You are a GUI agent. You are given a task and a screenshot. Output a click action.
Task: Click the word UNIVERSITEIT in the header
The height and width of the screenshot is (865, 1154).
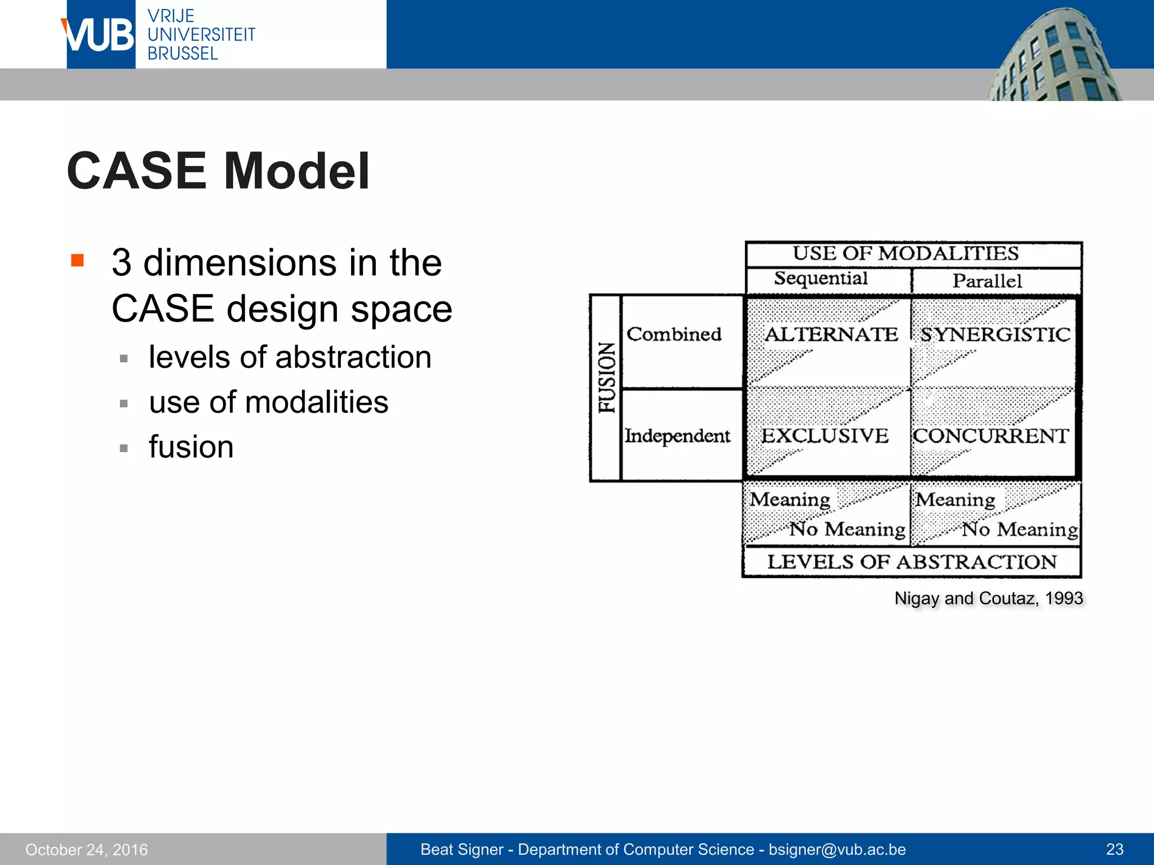pyautogui.click(x=201, y=35)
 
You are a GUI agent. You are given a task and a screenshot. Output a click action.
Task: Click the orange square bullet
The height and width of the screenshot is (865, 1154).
pyautogui.click(x=77, y=260)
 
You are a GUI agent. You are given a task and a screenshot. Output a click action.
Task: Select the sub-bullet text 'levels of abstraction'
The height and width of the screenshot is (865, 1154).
pyautogui.click(x=290, y=357)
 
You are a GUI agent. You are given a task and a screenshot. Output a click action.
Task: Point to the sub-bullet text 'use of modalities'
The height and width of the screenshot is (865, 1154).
pyautogui.click(x=268, y=402)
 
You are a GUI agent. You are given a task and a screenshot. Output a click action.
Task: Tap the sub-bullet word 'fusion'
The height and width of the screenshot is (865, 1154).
pyautogui.click(x=191, y=447)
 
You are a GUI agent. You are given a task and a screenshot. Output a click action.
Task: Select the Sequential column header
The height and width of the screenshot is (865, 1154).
pyautogui.click(x=820, y=279)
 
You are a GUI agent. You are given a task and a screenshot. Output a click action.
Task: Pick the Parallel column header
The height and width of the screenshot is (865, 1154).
pyautogui.click(x=987, y=281)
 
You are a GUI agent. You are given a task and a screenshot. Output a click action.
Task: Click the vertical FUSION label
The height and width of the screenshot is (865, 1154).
pyautogui.click(x=606, y=377)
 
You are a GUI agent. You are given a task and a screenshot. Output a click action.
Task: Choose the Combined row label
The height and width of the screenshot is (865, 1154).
pyautogui.click(x=674, y=335)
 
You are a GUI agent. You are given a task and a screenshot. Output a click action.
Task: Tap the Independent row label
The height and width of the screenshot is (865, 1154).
pyautogui.click(x=677, y=436)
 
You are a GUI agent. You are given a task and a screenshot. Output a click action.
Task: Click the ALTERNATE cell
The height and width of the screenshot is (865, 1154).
pyautogui.click(x=831, y=335)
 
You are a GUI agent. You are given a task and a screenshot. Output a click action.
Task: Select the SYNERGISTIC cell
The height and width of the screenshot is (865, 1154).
pyautogui.click(x=995, y=335)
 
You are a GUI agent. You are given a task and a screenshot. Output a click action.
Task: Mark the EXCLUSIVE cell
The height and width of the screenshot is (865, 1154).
pyautogui.click(x=824, y=436)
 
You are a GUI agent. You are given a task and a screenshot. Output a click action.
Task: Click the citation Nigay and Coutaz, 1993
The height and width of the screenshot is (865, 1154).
pyautogui.click(x=988, y=598)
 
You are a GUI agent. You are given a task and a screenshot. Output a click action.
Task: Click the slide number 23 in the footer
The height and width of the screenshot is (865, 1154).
pyautogui.click(x=1115, y=849)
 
